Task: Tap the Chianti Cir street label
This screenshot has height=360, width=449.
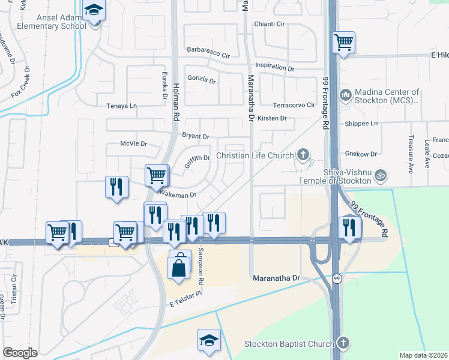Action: click(270, 24)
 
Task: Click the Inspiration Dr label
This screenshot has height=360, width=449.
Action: click(274, 67)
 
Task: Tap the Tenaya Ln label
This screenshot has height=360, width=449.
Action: click(122, 106)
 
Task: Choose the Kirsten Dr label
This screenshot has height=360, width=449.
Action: click(272, 118)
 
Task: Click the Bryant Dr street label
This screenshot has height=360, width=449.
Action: click(196, 137)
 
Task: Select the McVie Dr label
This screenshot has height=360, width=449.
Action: click(133, 144)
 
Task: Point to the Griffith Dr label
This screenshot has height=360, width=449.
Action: click(197, 159)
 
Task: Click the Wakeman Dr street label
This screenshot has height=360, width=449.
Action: click(177, 194)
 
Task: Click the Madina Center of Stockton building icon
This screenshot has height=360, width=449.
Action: click(345, 95)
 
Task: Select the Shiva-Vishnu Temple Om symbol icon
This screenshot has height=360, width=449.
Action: click(379, 176)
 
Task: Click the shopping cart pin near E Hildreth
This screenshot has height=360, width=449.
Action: click(343, 42)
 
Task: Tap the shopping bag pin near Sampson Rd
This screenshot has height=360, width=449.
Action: click(180, 266)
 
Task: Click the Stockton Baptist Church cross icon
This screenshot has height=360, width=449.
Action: click(343, 344)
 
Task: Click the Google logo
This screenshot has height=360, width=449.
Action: click(20, 353)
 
